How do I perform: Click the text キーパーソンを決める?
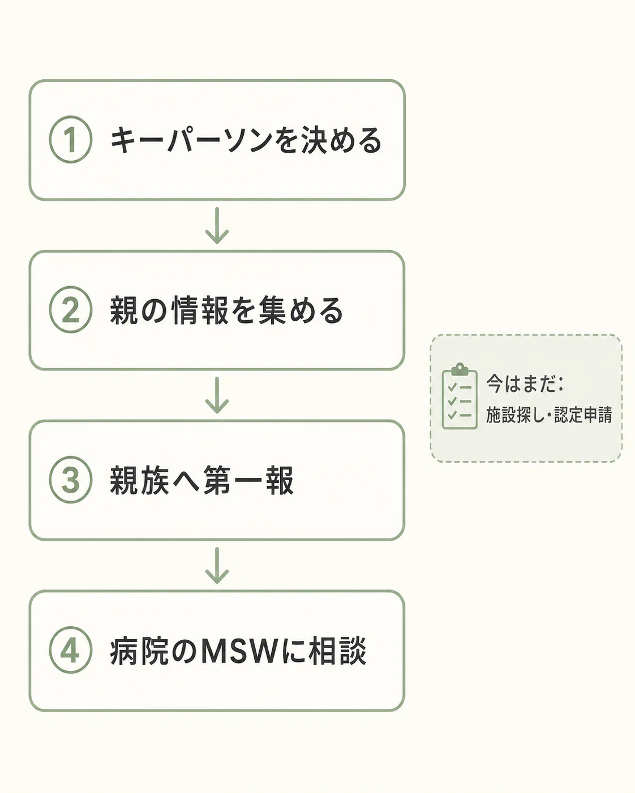(246, 140)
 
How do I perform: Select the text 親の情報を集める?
(227, 311)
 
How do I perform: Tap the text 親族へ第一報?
(201, 480)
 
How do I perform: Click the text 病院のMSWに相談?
(238, 650)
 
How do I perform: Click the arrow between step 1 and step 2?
(217, 225)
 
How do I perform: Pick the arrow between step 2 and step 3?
(217, 395)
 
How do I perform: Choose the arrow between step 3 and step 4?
(217, 565)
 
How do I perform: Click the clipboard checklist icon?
(460, 396)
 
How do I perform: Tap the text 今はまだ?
(525, 383)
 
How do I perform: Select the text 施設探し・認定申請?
(549, 415)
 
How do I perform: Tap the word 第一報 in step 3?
(248, 480)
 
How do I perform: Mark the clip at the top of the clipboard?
(460, 369)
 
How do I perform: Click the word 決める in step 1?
(342, 140)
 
